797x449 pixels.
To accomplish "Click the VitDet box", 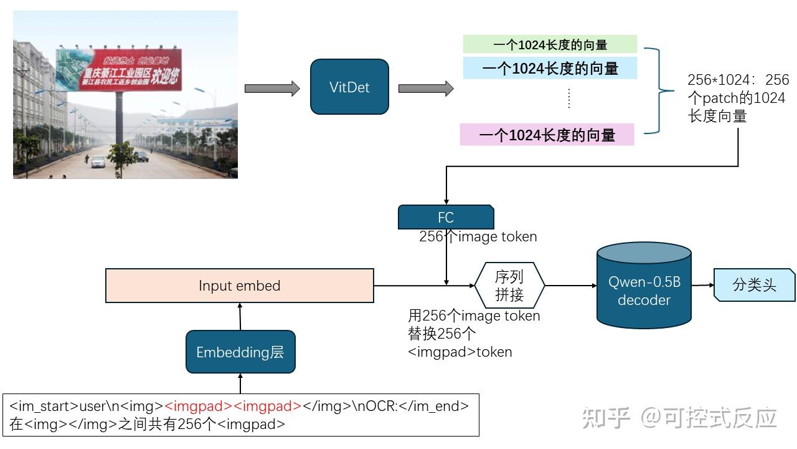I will [x=349, y=87].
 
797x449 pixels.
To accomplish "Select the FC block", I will [x=446, y=217].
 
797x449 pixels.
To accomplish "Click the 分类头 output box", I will [x=754, y=285].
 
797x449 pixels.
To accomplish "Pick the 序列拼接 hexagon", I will [x=509, y=286].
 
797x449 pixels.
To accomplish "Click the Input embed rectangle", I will [x=240, y=286].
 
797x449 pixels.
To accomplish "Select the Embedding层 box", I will [x=240, y=352].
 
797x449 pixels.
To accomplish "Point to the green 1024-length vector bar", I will [x=550, y=44].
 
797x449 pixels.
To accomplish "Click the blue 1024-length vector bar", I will [x=550, y=68].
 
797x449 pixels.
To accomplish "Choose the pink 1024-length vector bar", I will [x=547, y=135].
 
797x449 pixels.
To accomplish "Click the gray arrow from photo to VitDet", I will [x=272, y=89].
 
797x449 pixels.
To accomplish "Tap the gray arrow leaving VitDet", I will [x=426, y=89].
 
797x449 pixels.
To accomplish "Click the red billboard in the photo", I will [x=119, y=70].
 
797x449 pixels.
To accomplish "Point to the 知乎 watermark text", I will [x=605, y=417].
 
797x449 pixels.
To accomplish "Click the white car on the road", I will [x=98, y=162].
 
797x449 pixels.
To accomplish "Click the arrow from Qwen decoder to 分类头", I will [x=702, y=285].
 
